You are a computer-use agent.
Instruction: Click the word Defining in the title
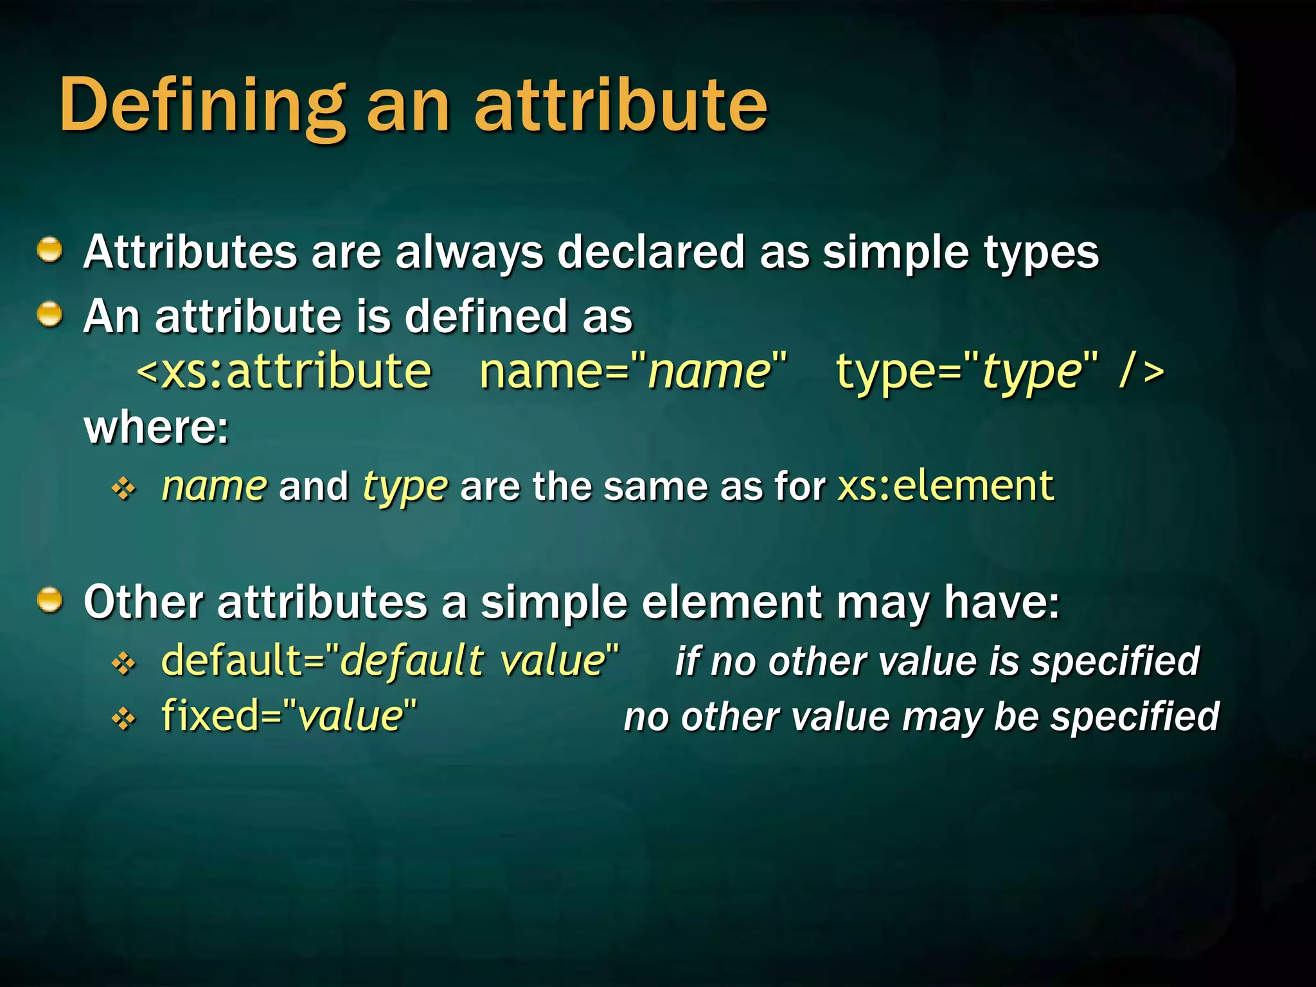(202, 106)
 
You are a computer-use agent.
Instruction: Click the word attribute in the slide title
(621, 106)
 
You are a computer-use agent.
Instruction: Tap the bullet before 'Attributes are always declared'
(49, 250)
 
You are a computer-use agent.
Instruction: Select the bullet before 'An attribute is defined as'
(49, 315)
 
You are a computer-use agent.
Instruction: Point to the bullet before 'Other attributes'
(49, 601)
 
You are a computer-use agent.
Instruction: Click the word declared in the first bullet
(650, 252)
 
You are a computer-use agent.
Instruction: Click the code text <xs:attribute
(284, 372)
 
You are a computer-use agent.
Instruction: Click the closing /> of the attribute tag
(1141, 372)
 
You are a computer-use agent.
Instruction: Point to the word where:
(156, 427)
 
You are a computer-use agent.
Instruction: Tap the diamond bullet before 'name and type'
(123, 489)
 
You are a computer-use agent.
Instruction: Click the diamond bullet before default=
(123, 663)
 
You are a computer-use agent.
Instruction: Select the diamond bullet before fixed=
(123, 718)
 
